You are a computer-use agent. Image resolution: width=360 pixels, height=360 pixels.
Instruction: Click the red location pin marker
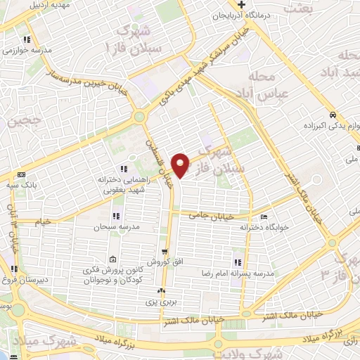coord(181,165)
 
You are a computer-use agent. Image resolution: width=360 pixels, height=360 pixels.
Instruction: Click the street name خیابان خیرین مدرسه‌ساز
coord(85,84)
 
